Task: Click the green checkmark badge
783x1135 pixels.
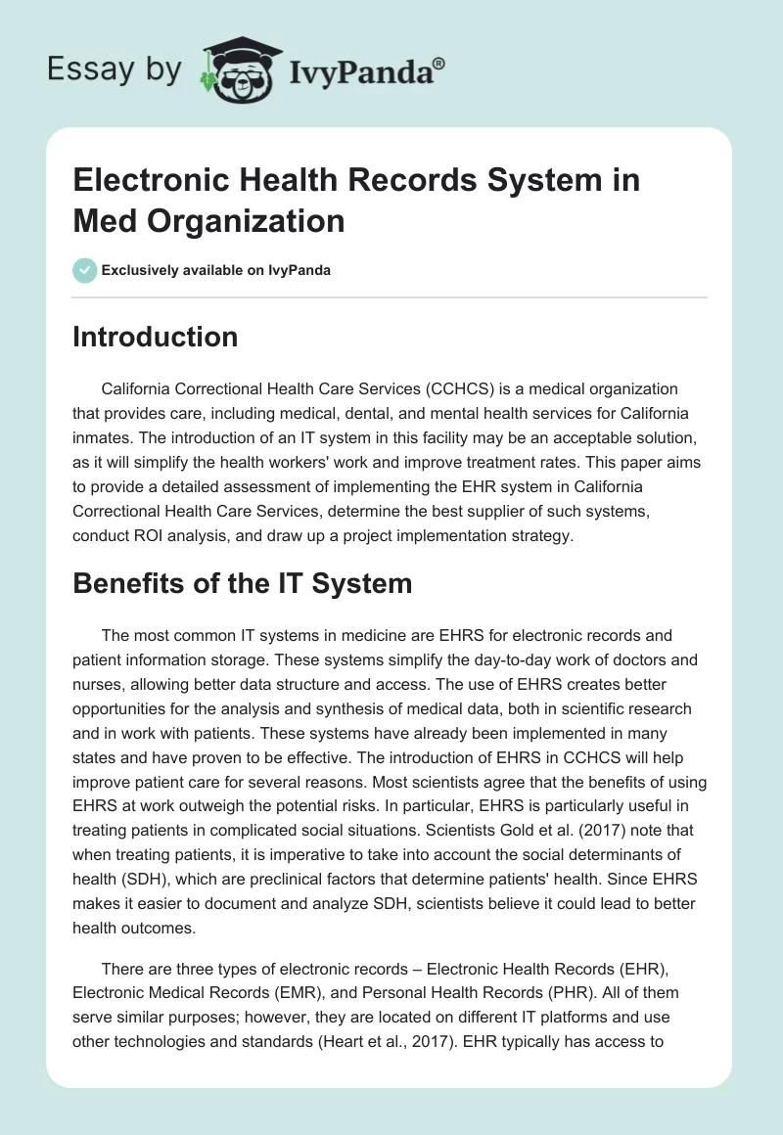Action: [x=84, y=270]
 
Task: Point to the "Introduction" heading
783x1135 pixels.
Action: [x=156, y=337]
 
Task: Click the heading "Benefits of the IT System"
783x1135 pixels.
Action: [x=243, y=584]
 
